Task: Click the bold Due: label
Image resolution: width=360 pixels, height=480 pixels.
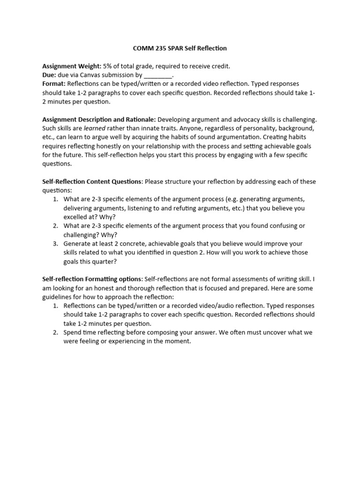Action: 50,75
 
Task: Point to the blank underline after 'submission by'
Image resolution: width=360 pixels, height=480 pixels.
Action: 158,75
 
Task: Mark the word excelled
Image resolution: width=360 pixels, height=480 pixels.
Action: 78,217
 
